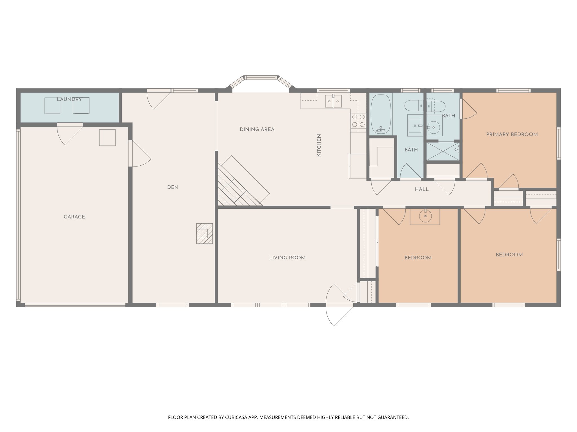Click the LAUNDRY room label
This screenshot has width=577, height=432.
click(69, 99)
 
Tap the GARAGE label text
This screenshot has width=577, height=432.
click(74, 217)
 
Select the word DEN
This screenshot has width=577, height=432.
click(173, 187)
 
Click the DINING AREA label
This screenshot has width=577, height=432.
click(257, 129)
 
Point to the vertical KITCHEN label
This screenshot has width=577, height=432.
click(319, 145)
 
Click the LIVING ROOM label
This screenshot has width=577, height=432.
click(287, 258)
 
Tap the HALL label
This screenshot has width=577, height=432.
click(421, 190)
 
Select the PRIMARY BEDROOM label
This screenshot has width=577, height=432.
click(512, 134)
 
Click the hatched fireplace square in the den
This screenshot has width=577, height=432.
click(204, 233)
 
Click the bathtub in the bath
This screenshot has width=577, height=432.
click(381, 114)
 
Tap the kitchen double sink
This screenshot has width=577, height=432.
click(333, 101)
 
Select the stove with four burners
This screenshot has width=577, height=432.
click(358, 121)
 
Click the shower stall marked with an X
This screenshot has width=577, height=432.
click(443, 151)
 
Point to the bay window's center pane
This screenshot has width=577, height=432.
click(261, 77)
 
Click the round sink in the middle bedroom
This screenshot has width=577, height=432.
click(425, 216)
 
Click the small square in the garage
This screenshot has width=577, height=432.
click(107, 138)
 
